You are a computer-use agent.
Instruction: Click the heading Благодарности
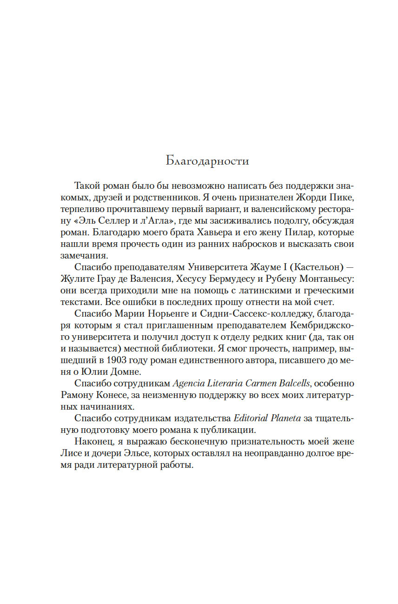207,161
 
